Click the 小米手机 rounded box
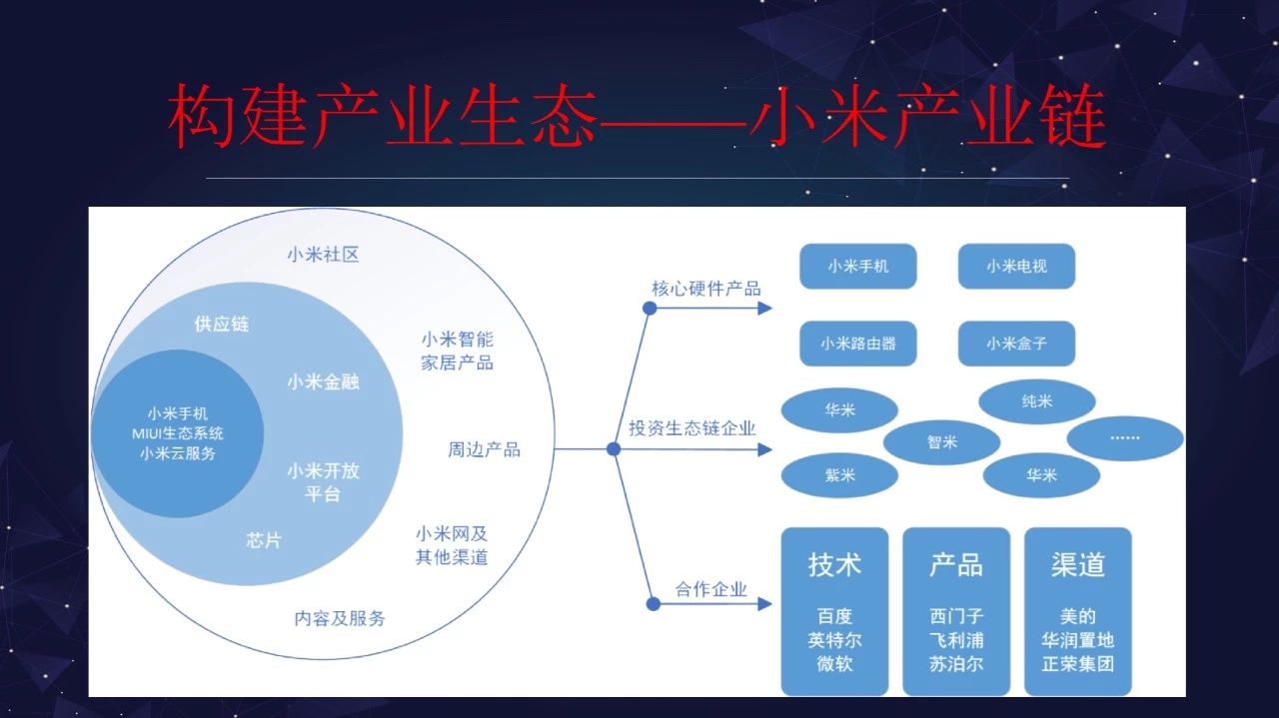coord(857,266)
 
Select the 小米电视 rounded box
coord(1016,266)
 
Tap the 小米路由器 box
coord(857,343)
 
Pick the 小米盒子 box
coord(1016,343)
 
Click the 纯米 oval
coord(1037,401)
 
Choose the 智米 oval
coord(941,441)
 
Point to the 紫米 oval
coord(839,475)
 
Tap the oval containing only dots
coord(1125,438)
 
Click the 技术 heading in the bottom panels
coord(834,564)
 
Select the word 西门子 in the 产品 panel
coord(956,616)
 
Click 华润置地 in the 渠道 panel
coord(1078,640)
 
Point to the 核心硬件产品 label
coord(706,289)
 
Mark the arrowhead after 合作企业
coord(764,604)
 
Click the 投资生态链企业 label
coord(692,428)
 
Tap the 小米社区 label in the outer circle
coord(323,255)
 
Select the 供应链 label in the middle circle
coord(222,325)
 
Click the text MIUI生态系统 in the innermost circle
coord(178,433)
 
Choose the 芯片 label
coord(263,540)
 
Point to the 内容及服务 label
coord(340,618)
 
